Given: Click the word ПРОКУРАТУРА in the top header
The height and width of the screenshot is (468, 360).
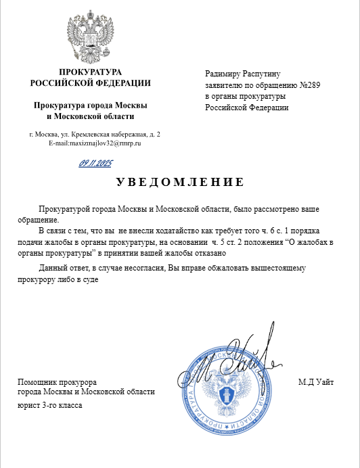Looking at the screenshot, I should pos(90,72).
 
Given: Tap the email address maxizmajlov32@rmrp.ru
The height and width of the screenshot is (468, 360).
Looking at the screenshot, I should pos(94,144).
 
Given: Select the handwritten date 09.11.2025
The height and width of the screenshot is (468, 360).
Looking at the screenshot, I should pos(96,163).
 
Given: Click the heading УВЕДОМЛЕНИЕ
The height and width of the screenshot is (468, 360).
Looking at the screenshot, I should pos(179,183).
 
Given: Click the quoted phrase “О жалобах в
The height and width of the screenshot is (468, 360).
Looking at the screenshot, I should pos(311,241).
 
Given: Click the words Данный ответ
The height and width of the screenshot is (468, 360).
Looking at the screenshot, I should pos(63,268).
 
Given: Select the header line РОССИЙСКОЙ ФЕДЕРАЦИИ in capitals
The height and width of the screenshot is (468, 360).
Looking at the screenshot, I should pos(90,83).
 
